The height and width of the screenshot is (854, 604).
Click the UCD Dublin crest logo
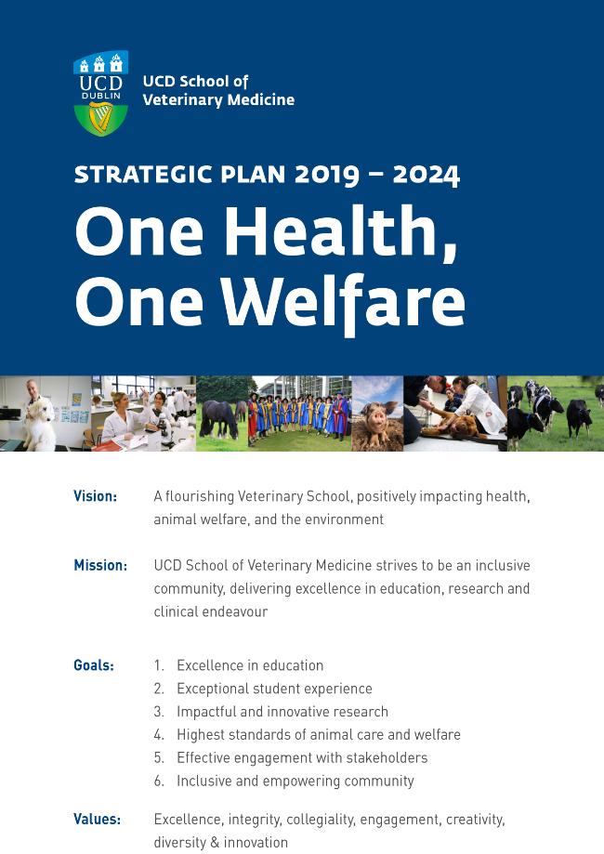coord(100,93)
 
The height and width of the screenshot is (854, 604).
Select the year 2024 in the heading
coord(427,175)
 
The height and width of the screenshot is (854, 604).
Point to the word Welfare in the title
coord(343,301)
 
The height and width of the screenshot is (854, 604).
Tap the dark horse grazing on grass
coord(219,419)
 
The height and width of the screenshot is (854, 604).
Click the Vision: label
coord(96,496)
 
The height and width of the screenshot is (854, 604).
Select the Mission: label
coord(100,565)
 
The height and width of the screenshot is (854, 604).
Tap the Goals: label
coord(94,665)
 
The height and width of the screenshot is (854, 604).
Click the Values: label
coord(97,819)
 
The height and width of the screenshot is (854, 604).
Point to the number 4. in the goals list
coord(159,735)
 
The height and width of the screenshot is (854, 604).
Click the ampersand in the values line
coord(215,843)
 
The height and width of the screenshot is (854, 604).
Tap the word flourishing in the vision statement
coord(200,497)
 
